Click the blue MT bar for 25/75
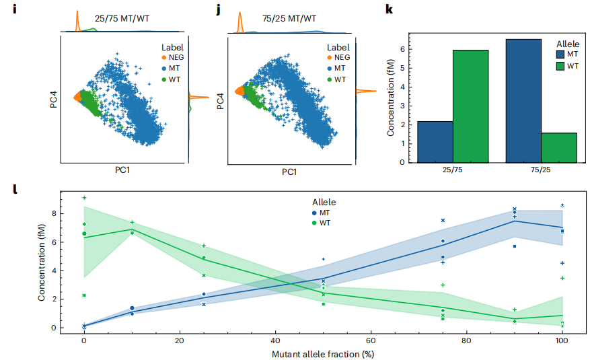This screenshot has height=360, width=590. coord(435,141)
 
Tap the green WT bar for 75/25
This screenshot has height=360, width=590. coord(558,147)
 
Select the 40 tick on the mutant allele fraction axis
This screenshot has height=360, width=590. coord(275,341)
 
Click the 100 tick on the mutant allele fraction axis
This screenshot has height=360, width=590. coord(562,341)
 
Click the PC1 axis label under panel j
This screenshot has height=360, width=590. coord(289,172)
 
